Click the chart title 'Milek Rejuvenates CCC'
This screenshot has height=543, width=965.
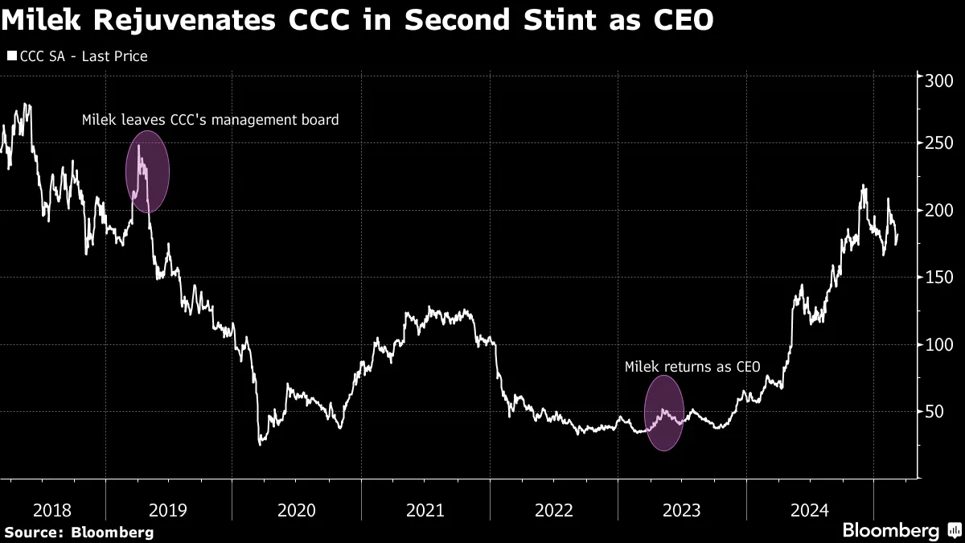click(358, 22)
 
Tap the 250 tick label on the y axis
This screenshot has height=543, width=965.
click(938, 144)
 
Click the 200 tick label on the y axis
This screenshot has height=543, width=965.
click(938, 211)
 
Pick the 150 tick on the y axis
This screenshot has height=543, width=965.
click(938, 278)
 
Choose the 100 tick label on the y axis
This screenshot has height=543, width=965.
click(938, 344)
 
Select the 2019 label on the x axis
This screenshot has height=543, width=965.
click(168, 510)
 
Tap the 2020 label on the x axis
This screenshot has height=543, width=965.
click(297, 510)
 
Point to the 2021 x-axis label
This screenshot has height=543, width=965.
click(425, 510)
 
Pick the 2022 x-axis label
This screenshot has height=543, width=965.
click(554, 510)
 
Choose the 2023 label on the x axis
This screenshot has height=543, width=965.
click(682, 510)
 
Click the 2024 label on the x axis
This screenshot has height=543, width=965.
click(811, 510)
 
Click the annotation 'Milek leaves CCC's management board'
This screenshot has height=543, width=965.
click(211, 120)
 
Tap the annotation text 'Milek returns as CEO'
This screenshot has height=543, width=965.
click(692, 367)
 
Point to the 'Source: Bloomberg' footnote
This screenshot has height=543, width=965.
click(79, 532)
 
